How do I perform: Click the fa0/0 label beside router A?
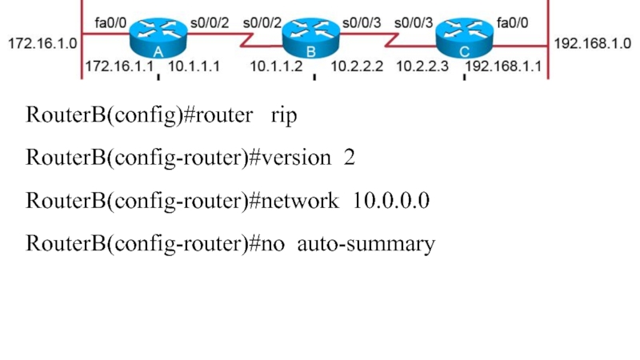[x=110, y=23]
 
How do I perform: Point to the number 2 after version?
[x=349, y=158]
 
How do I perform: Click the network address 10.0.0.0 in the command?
[x=391, y=201]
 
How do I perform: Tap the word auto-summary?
[x=366, y=244]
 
